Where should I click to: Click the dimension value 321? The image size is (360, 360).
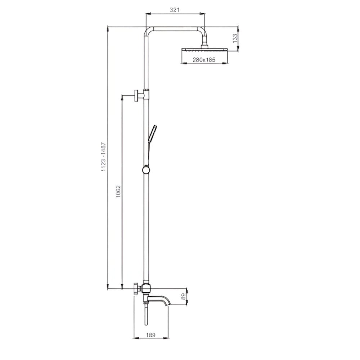(x=175, y=10)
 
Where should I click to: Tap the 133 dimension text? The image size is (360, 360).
(x=235, y=39)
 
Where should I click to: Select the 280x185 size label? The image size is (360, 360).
(x=204, y=60)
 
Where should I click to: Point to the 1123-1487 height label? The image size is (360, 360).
(x=104, y=157)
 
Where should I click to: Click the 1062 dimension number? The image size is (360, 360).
(x=118, y=192)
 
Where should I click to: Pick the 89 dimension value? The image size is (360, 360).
(x=183, y=296)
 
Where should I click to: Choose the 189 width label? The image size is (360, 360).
(x=150, y=335)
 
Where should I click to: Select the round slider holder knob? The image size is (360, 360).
(x=146, y=170)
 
